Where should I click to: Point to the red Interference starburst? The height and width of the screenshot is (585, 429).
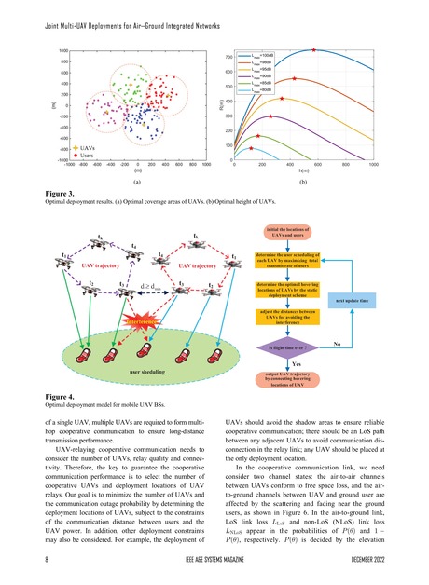pos(138,322)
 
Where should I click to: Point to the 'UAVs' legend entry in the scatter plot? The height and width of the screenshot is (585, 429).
pos(90,147)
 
